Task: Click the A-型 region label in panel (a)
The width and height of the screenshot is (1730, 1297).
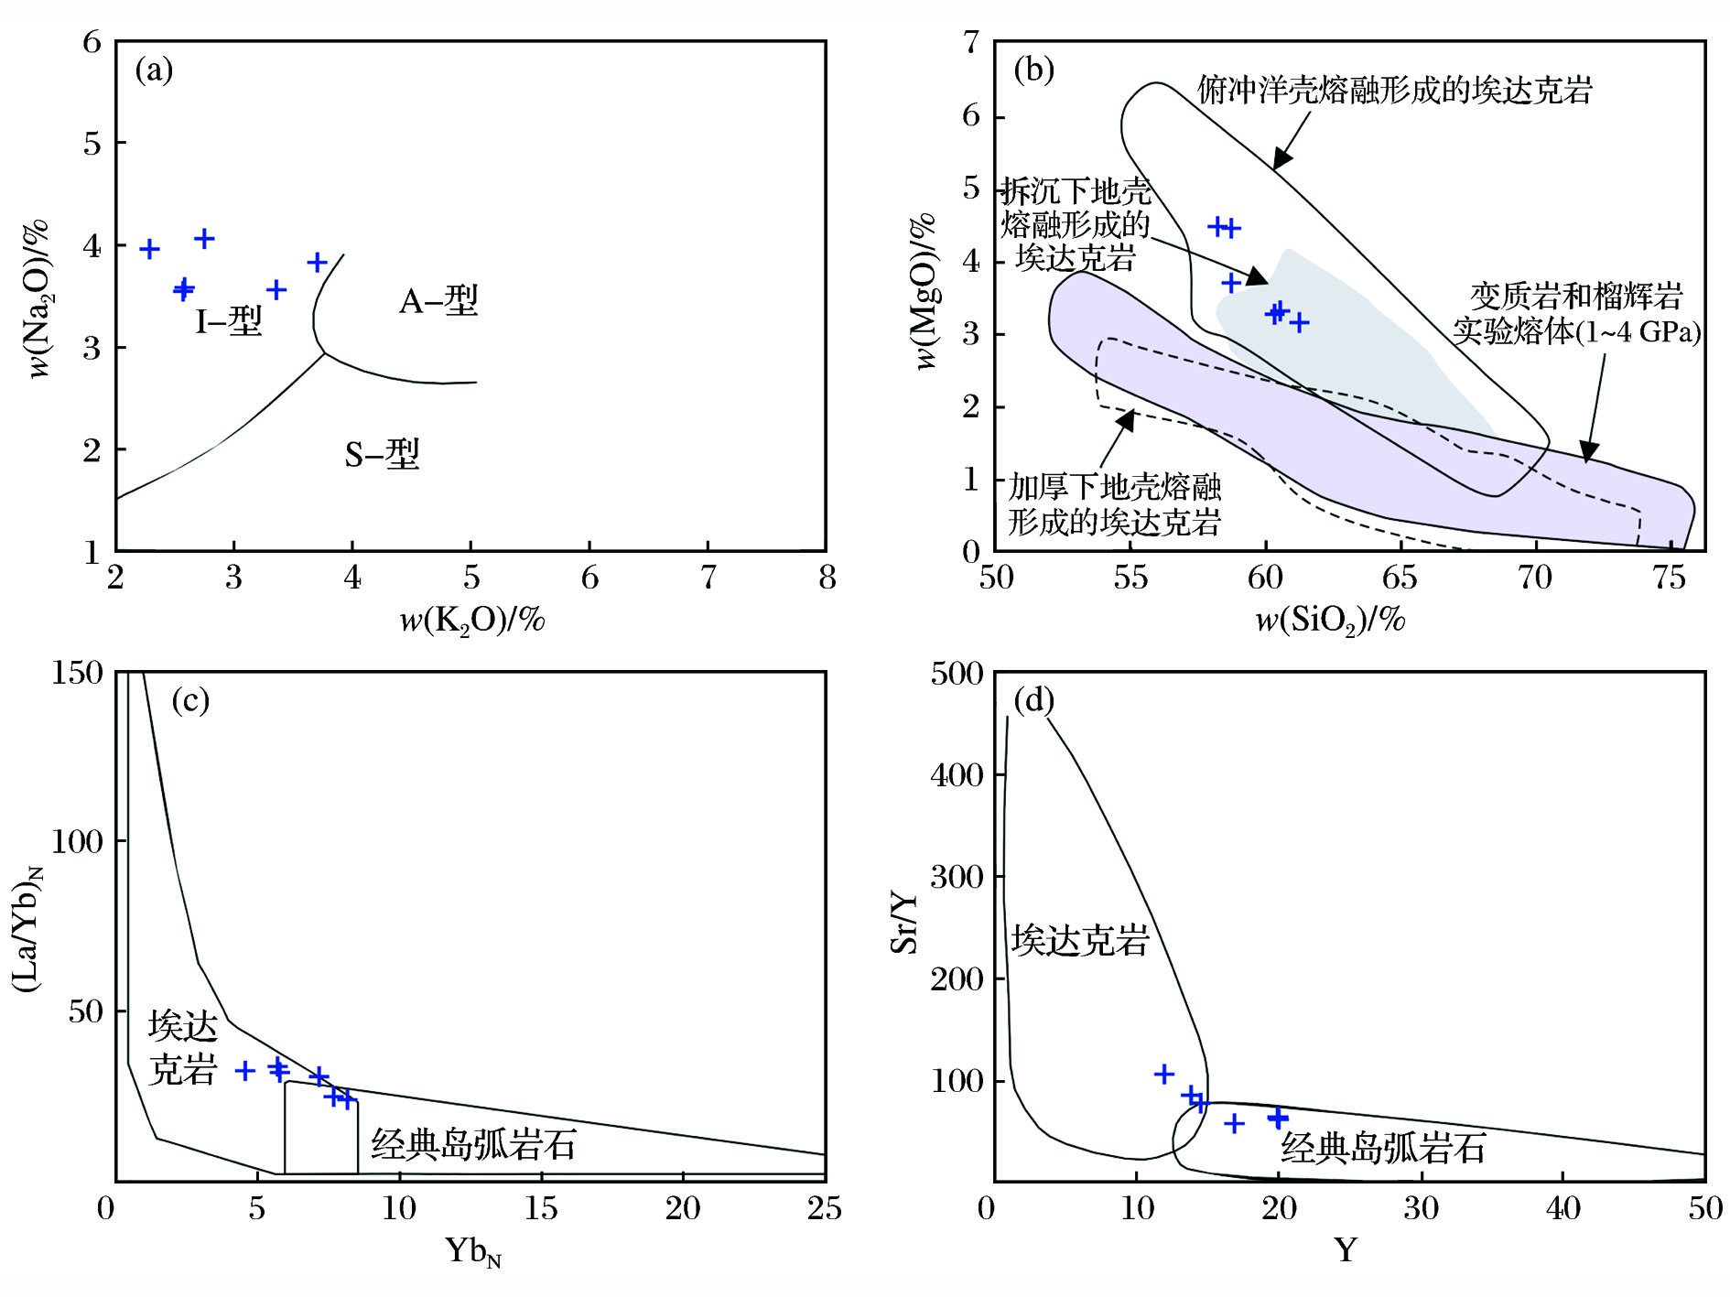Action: (x=438, y=300)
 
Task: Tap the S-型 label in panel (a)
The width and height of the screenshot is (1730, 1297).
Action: (x=382, y=453)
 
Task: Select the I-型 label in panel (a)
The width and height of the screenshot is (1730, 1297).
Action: (x=229, y=321)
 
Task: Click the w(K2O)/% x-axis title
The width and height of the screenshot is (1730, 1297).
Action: (x=472, y=621)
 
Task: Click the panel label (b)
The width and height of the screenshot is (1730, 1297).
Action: (x=1034, y=70)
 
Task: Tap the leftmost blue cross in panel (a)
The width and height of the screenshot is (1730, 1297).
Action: (x=150, y=249)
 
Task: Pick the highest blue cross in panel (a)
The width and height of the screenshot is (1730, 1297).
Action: (x=204, y=239)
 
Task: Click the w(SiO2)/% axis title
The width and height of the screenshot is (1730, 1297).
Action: (x=1330, y=621)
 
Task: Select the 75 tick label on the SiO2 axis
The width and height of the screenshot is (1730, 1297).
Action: (x=1670, y=578)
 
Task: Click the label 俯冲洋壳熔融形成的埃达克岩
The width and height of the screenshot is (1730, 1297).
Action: (x=1394, y=90)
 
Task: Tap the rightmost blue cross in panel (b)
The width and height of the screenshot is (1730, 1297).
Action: (x=1298, y=322)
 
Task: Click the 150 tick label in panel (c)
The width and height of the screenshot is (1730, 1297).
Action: (x=78, y=673)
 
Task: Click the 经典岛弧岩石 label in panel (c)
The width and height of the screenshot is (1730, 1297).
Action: (x=473, y=1144)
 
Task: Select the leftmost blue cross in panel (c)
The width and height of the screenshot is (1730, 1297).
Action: (x=244, y=1070)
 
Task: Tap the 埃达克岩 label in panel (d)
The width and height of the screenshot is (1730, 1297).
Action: (x=1080, y=940)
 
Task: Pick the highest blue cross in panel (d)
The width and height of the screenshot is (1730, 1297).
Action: (x=1163, y=1074)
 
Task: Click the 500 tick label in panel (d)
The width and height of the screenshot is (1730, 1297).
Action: (x=957, y=674)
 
